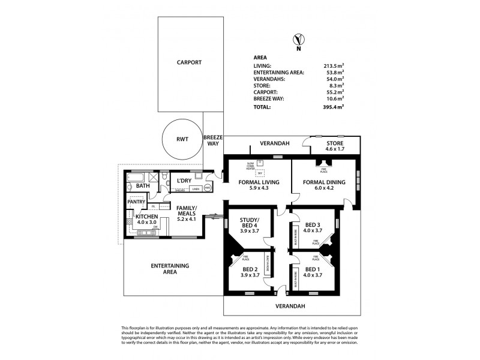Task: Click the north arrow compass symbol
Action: click(296, 40)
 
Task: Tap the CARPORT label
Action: click(188, 62)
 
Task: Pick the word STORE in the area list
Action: click(262, 85)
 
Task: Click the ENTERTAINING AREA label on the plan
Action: click(170, 268)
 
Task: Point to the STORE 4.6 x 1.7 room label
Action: click(335, 147)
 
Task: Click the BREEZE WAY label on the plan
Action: click(213, 140)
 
